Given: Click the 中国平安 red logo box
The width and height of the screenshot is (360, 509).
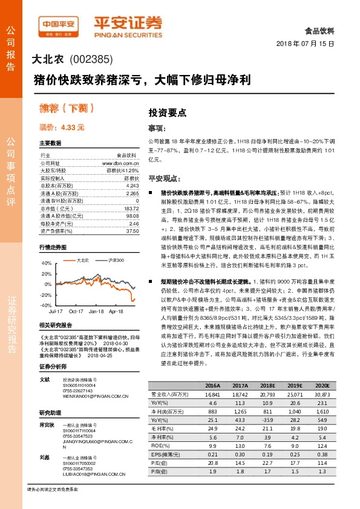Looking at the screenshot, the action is click(x=59, y=25).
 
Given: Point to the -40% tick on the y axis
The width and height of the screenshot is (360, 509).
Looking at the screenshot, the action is click(x=46, y=306).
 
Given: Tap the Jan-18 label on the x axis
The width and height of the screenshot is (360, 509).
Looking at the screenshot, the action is click(x=96, y=311).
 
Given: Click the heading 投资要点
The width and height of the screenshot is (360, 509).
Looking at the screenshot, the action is click(x=168, y=112).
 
